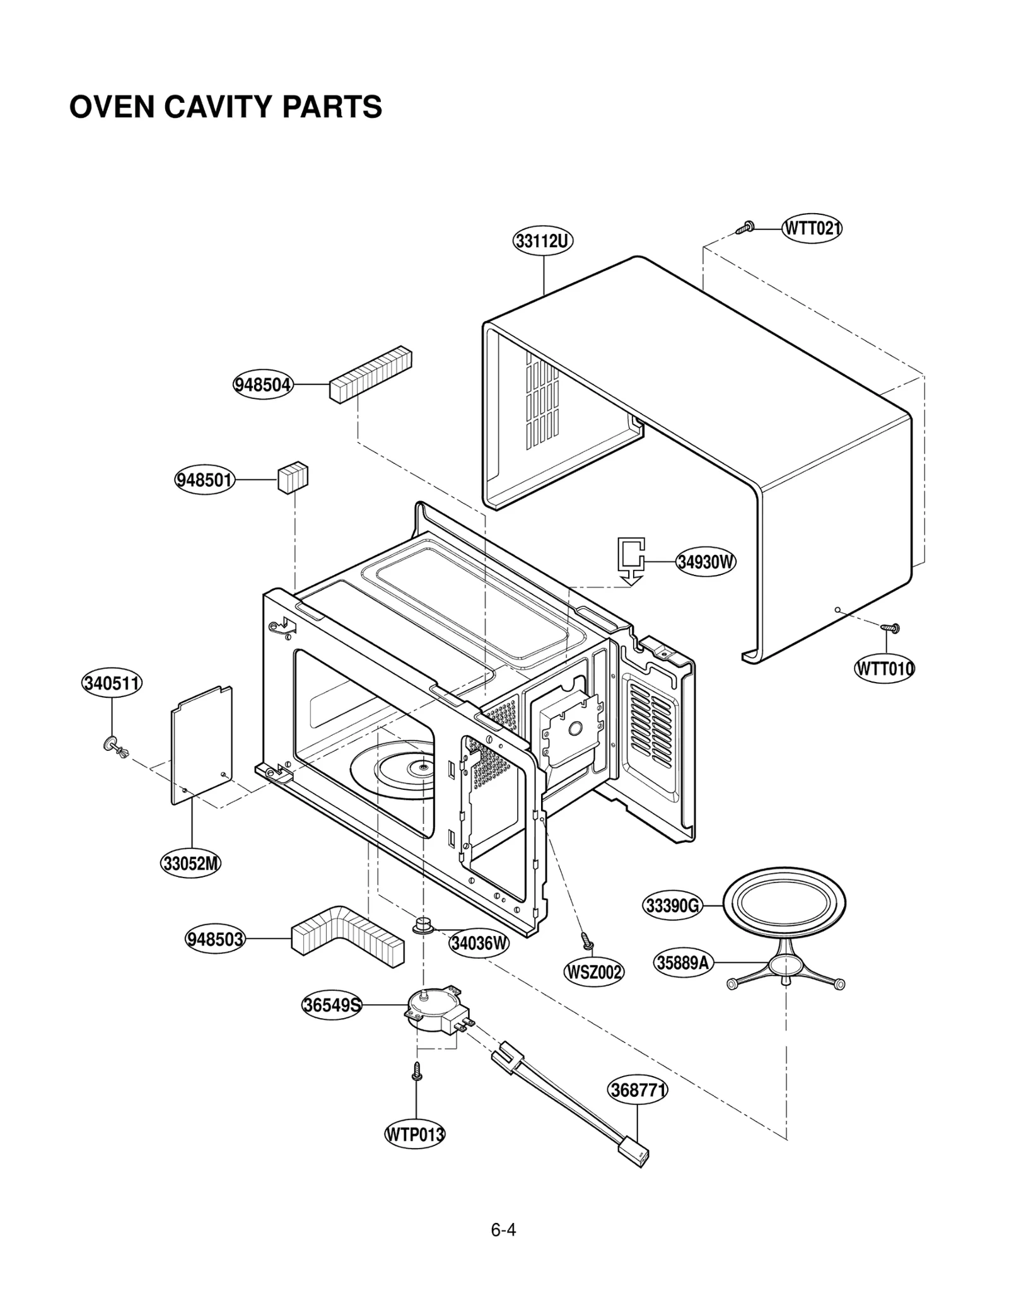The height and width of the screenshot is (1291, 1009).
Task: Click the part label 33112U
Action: [x=542, y=241]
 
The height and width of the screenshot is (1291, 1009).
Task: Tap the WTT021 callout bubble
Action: [x=812, y=228]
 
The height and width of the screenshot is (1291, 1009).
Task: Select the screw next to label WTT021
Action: [x=745, y=228]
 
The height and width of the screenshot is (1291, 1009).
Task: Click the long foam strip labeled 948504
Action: [x=370, y=374]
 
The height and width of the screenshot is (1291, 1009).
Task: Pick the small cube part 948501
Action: [x=293, y=478]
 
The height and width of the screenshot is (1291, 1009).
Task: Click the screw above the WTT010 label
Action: [x=890, y=628]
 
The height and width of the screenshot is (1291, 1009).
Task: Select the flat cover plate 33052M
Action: [x=202, y=745]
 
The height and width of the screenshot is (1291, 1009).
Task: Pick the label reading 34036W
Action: [x=479, y=943]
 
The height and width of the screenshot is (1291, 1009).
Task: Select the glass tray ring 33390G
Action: [x=783, y=905]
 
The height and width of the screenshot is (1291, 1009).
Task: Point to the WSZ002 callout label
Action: [x=593, y=972]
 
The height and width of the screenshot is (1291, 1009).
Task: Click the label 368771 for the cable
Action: [x=638, y=1090]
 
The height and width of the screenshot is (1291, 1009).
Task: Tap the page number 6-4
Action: [x=503, y=1230]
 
